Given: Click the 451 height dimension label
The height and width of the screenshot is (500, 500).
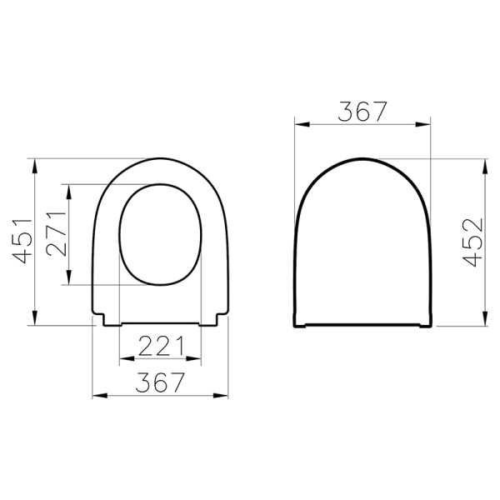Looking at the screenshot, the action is tap(22, 242).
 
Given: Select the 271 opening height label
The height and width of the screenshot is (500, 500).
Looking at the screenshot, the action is tap(57, 233).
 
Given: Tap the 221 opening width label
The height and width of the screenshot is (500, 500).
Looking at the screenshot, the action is tap(161, 346).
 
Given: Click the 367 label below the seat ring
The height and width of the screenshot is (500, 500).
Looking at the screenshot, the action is tap(160, 382).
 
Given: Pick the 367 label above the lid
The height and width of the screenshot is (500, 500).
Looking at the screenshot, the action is tap(362, 112).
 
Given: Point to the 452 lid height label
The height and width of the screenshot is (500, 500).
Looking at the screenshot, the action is tap(473, 242).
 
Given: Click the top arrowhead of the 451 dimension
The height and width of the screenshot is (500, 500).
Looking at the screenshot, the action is tap(35, 165).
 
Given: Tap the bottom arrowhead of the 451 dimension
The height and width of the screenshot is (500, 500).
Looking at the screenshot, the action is tap(35, 318).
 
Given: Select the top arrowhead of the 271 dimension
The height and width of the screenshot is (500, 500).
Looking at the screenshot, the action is tap(68, 192).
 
